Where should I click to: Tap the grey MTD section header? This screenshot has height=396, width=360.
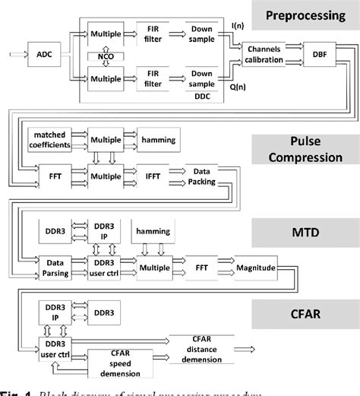click(x=308, y=230)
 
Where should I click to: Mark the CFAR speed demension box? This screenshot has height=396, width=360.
click(x=122, y=360)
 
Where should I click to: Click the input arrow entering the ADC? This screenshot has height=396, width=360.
click(x=17, y=55)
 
